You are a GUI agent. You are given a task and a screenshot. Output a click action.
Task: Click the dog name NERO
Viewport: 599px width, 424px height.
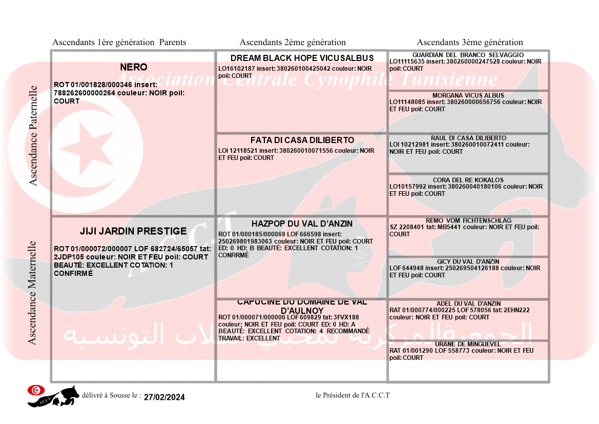click(x=133, y=67)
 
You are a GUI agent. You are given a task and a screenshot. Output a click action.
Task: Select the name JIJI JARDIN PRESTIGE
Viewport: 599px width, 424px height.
click(x=133, y=231)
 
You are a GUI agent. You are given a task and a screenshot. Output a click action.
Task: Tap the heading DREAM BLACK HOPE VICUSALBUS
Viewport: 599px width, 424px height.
click(x=302, y=58)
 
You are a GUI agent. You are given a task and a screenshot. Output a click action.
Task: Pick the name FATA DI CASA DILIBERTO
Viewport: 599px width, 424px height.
click(x=302, y=140)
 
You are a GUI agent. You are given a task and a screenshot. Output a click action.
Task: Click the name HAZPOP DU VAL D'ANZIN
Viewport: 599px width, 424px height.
click(x=302, y=224)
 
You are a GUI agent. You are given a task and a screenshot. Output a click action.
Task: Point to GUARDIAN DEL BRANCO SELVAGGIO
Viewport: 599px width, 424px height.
click(x=468, y=55)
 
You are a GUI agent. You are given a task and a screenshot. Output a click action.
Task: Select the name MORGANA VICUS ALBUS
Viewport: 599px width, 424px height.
click(x=468, y=95)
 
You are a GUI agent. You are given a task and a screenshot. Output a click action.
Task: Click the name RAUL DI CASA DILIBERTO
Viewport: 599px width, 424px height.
click(x=468, y=138)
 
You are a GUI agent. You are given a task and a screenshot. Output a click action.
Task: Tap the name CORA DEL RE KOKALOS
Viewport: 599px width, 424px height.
click(x=468, y=180)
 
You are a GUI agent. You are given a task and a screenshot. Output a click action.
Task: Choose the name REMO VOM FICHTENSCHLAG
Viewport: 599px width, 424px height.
click(x=468, y=220)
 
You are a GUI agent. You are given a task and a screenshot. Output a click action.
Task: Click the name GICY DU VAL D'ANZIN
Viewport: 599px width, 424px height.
click(x=468, y=261)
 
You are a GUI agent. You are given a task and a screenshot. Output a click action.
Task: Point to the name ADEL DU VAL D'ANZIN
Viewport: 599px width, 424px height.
click(x=468, y=304)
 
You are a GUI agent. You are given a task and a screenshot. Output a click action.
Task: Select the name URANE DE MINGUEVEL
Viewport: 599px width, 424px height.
click(x=468, y=344)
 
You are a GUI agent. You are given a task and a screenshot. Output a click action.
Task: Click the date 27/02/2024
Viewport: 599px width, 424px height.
click(x=164, y=397)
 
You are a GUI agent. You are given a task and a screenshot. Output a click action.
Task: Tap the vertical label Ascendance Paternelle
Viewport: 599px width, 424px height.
click(x=33, y=136)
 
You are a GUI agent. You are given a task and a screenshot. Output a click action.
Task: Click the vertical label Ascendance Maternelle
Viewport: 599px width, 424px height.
click(x=32, y=293)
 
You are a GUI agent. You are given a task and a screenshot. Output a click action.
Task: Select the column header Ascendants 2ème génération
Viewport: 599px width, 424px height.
click(x=293, y=43)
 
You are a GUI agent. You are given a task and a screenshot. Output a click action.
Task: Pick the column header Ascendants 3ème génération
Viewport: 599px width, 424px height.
click(x=470, y=43)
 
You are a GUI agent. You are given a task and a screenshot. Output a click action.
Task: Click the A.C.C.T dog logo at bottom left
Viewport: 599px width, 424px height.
click(x=53, y=396)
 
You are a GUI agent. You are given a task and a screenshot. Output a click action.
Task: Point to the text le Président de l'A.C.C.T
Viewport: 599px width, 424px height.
click(x=353, y=395)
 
